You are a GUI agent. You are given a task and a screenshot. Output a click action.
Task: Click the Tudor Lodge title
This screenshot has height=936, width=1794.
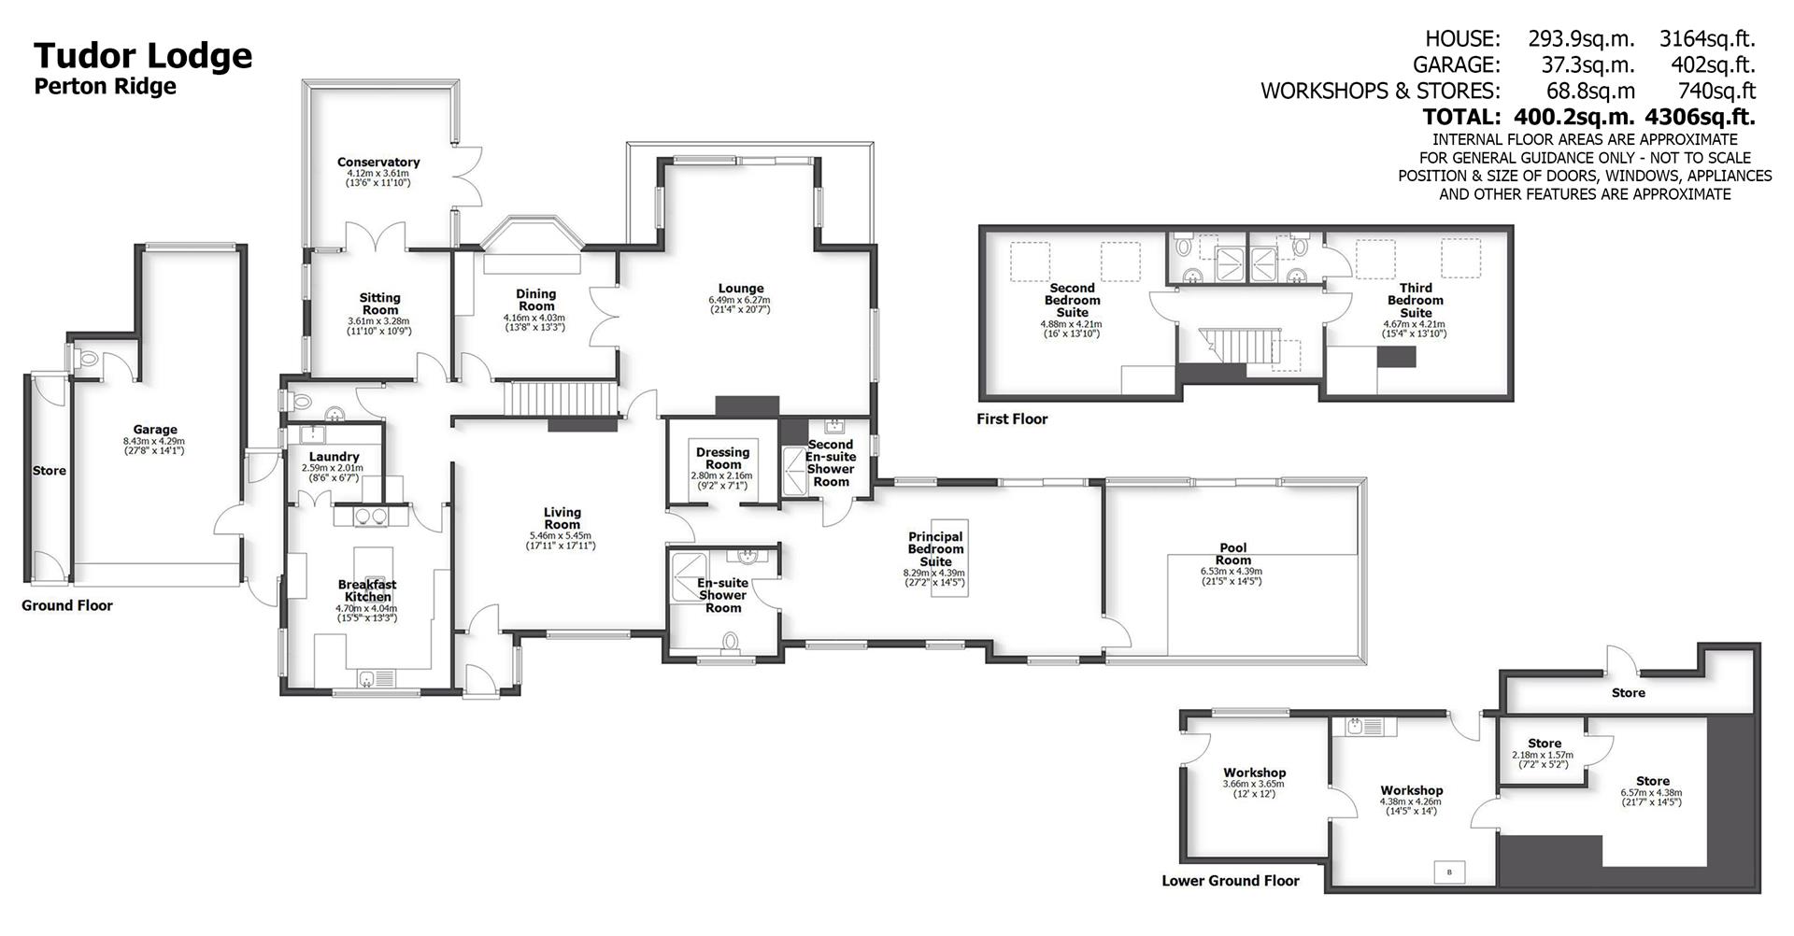click(x=143, y=56)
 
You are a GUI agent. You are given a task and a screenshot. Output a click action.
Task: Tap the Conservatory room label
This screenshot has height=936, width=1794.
click(x=378, y=163)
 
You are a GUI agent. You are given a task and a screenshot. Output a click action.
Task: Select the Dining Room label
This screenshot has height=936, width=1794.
click(x=535, y=300)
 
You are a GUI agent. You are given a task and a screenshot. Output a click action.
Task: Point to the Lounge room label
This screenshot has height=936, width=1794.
click(x=740, y=289)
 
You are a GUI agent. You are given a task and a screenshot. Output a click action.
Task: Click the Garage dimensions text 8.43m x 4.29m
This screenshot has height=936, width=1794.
click(x=154, y=441)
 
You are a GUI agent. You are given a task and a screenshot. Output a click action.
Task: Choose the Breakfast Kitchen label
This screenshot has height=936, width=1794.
click(x=367, y=590)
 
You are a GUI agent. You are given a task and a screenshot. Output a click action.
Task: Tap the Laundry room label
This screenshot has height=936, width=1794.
click(x=334, y=457)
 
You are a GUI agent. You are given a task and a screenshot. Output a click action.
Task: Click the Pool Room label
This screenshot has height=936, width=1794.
click(x=1232, y=554)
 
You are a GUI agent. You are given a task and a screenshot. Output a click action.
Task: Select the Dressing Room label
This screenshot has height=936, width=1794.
click(x=722, y=458)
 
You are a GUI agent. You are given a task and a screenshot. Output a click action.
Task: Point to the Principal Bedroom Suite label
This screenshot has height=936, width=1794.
click(x=935, y=549)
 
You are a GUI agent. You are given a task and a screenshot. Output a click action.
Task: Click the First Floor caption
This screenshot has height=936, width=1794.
click(x=1012, y=419)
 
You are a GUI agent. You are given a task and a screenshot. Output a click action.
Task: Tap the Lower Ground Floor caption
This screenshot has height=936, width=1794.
click(x=1230, y=881)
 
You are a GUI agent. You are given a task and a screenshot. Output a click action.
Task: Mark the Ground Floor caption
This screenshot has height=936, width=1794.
click(x=67, y=605)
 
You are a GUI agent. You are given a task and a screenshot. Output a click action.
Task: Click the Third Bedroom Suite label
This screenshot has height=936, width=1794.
click(x=1415, y=301)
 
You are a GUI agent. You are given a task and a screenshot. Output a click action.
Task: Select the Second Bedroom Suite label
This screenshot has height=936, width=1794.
click(x=1072, y=301)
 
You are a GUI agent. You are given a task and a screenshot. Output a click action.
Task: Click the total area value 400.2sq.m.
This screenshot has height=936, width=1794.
click(x=1568, y=117)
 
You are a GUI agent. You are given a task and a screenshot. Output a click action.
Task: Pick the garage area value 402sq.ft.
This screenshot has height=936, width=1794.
click(x=1713, y=64)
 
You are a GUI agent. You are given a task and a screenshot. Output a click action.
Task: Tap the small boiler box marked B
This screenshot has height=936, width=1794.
click(x=1449, y=872)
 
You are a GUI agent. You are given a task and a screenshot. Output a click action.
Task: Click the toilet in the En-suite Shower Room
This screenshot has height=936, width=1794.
click(x=731, y=641)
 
